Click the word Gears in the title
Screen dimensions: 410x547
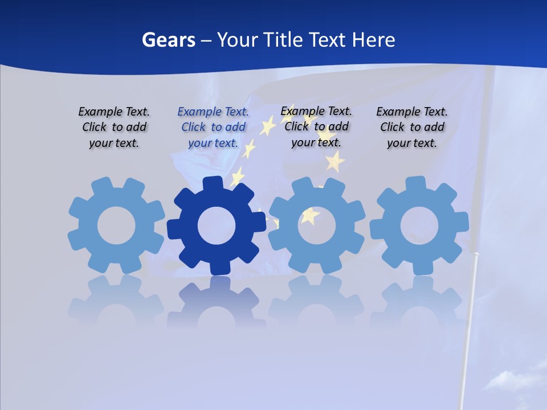(167, 40)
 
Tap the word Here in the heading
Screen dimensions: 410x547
(373, 40)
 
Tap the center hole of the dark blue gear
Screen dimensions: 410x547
(217, 226)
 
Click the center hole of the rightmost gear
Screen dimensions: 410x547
(419, 226)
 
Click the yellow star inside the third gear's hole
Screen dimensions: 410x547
(310, 216)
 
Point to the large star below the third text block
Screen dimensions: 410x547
(335, 162)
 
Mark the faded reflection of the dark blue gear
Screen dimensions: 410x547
(217, 302)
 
